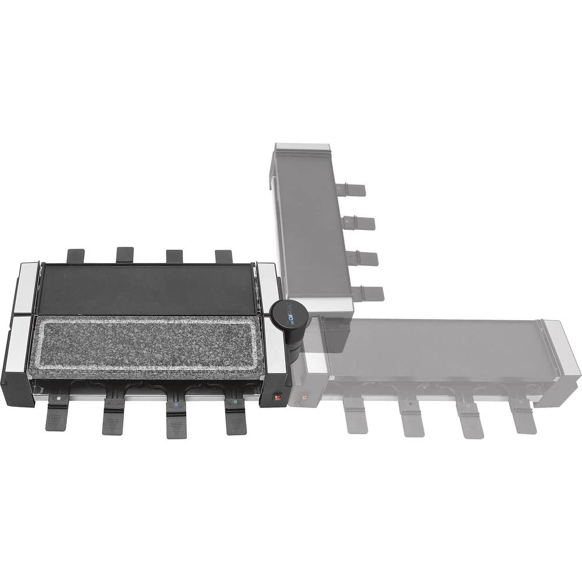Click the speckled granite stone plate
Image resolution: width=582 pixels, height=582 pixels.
148,348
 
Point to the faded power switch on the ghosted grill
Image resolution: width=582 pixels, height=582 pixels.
304,399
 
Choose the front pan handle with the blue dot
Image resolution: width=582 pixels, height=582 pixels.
176,419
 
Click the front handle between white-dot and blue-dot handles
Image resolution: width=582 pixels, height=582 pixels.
113,417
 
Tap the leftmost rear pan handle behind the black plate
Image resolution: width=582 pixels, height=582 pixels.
76,255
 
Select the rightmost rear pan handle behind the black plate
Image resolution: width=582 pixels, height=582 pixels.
223,256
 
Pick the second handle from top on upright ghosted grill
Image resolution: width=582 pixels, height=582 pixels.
359,222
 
